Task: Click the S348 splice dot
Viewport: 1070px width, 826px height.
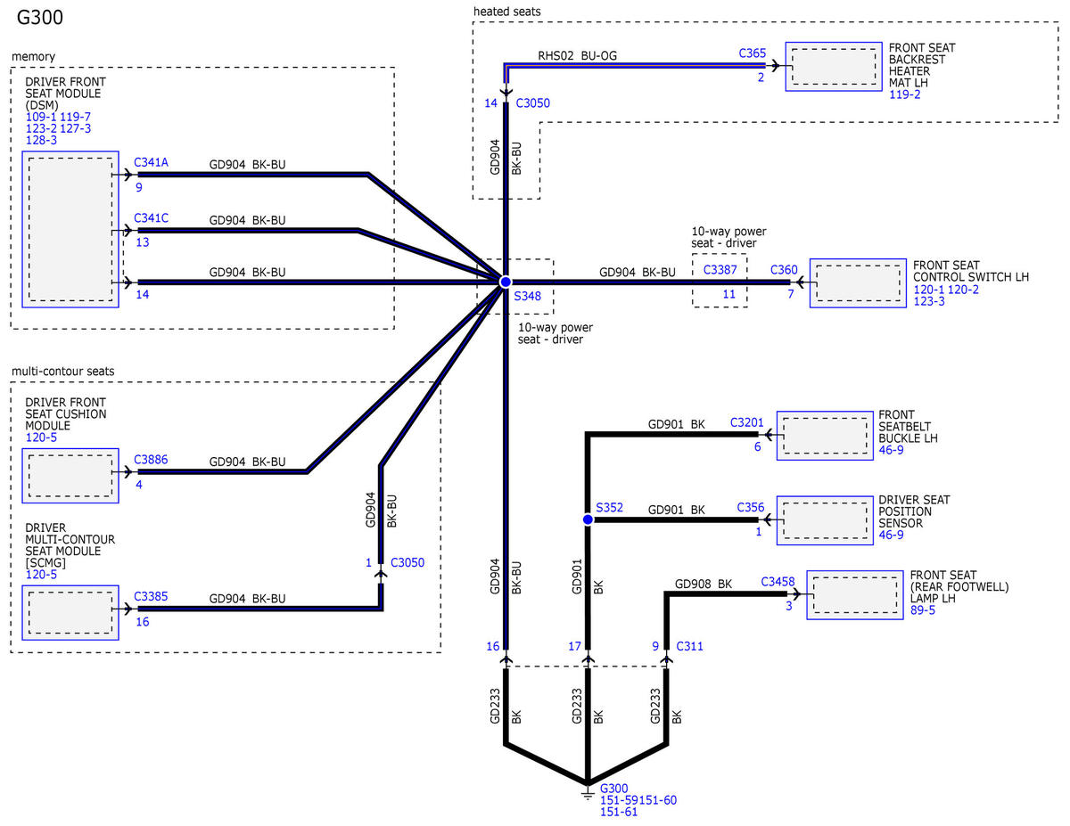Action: click(506, 282)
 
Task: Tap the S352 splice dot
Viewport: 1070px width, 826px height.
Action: click(588, 519)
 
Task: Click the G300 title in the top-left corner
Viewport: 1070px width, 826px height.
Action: click(40, 18)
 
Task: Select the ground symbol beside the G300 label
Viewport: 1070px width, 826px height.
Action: click(587, 794)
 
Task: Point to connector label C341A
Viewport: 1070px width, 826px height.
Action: click(152, 162)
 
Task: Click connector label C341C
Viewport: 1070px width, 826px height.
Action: click(152, 218)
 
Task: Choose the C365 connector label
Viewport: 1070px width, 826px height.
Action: click(752, 53)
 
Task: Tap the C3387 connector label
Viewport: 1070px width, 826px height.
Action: click(720, 270)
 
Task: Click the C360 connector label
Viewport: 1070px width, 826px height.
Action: click(784, 270)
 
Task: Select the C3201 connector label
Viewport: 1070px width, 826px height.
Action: click(746, 422)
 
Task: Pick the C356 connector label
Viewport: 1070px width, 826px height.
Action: click(751, 507)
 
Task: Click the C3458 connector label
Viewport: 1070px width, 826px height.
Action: click(778, 582)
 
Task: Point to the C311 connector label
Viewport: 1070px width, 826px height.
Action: click(689, 646)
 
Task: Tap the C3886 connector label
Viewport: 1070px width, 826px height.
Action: click(151, 460)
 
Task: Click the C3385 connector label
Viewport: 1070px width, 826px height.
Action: click(151, 596)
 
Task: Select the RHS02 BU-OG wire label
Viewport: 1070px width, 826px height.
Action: click(577, 55)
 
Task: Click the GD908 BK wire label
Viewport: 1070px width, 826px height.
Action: click(704, 584)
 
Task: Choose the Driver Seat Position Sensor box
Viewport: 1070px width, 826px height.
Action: click(825, 520)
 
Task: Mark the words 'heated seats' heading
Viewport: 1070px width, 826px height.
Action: click(506, 12)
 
